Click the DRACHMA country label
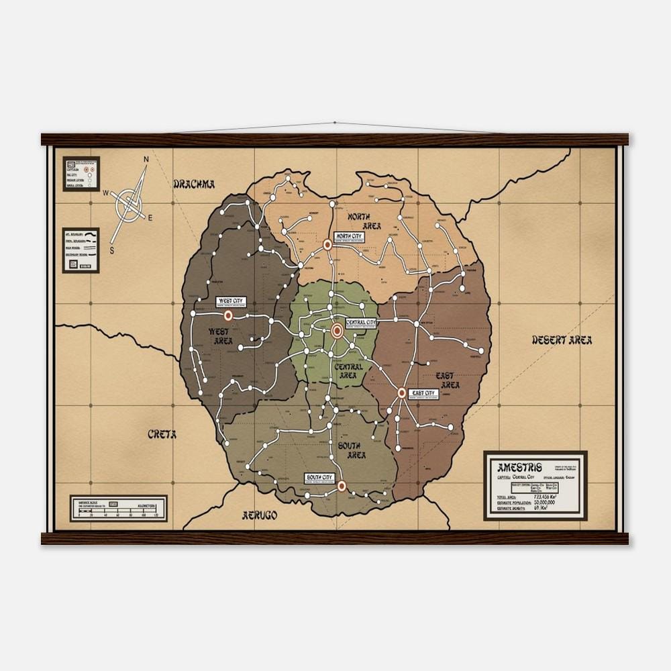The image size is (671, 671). (194, 184)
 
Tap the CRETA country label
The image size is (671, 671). (162, 434)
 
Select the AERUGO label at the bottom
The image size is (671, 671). (259, 515)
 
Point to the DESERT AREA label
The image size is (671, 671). (562, 340)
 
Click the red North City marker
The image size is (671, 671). (327, 246)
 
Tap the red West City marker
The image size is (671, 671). (227, 315)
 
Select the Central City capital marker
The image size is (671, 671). (338, 329)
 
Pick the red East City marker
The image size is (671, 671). (402, 393)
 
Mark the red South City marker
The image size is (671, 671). (342, 486)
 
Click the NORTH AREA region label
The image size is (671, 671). (363, 221)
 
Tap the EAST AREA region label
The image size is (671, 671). (448, 380)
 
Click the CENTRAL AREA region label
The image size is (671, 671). (347, 371)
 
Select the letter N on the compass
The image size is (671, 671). (146, 160)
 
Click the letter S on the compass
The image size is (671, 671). (112, 250)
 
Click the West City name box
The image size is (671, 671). (230, 302)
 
